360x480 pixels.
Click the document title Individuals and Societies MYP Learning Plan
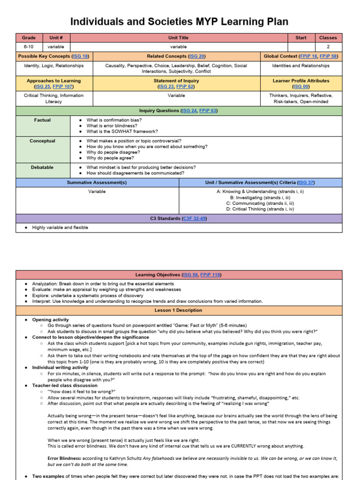(x=180, y=22)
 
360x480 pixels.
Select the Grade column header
(x=29, y=38)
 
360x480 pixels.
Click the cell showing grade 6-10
(x=29, y=47)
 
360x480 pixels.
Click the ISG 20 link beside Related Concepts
(x=196, y=56)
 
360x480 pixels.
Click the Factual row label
(x=42, y=120)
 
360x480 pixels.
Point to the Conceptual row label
(x=42, y=141)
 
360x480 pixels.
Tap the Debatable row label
(x=42, y=167)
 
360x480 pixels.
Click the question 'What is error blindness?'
(x=112, y=126)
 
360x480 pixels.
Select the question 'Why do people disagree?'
(x=113, y=152)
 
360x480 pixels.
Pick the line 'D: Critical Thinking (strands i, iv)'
(x=261, y=210)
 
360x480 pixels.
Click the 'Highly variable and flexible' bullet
(x=60, y=228)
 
